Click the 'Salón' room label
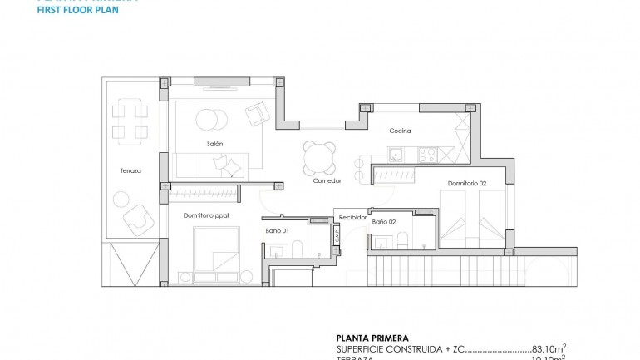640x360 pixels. coord(214,144)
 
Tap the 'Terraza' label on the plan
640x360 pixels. coord(130,170)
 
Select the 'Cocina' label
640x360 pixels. coord(400,131)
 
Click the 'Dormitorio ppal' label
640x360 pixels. coord(205,215)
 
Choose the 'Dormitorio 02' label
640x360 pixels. coord(466,183)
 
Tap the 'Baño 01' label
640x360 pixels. coord(277,230)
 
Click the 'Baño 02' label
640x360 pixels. coord(383,222)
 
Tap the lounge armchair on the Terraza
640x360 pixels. coord(135,220)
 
